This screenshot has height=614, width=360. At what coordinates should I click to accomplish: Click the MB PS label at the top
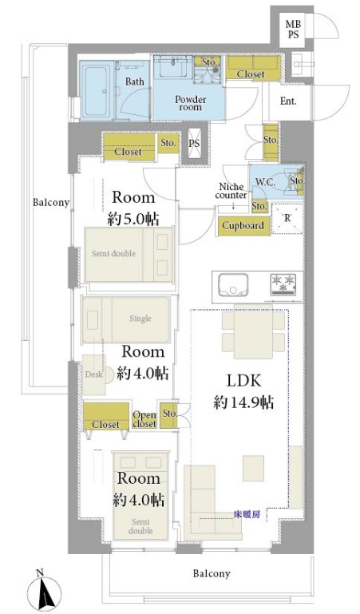pyautogui.click(x=293, y=30)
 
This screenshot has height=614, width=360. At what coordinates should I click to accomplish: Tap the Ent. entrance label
pyautogui.click(x=288, y=101)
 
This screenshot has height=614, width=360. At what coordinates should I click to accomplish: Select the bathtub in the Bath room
pyautogui.click(x=97, y=90)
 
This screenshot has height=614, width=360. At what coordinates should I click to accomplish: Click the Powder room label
pyautogui.click(x=191, y=103)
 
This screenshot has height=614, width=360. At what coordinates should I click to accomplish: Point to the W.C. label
pyautogui.click(x=266, y=182)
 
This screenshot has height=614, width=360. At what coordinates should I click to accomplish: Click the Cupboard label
pyautogui.click(x=243, y=225)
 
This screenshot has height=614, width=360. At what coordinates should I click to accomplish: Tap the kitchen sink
pyautogui.click(x=234, y=285)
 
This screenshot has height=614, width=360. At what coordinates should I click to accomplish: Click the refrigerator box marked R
pyautogui.click(x=287, y=219)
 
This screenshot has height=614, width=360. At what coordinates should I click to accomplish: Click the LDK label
pyautogui.click(x=243, y=380)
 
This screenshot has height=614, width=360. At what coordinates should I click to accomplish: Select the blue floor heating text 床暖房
pyautogui.click(x=247, y=514)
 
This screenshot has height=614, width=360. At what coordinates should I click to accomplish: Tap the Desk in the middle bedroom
pyautogui.click(x=94, y=374)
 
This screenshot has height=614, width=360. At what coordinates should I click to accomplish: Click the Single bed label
pyautogui.click(x=140, y=319)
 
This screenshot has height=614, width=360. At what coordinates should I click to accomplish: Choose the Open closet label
pyautogui.click(x=144, y=419)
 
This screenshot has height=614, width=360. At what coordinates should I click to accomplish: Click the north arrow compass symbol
pyautogui.click(x=45, y=590)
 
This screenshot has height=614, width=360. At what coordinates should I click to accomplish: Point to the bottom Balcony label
pyautogui.click(x=212, y=573)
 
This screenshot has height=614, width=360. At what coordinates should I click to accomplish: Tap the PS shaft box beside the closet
pyautogui.click(x=194, y=143)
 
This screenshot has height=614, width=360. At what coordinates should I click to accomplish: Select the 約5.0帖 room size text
pyautogui.click(x=133, y=220)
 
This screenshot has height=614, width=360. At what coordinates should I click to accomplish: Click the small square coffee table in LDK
pyautogui.click(x=253, y=469)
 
